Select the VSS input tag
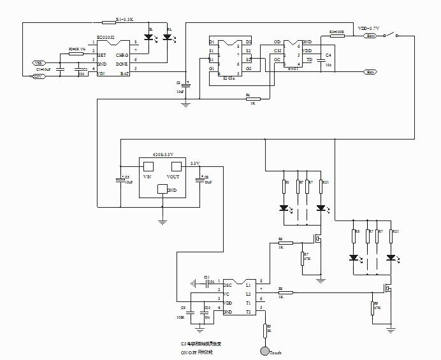tap(39, 63)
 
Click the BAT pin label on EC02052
tap(125, 74)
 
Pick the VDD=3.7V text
tap(368, 29)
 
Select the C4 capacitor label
tap(328, 56)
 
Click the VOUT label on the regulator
tap(173, 176)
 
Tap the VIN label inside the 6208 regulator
tap(147, 176)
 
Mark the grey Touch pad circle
tap(264, 351)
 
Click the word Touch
tap(275, 352)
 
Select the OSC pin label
tap(227, 285)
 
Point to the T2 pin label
tap(249, 312)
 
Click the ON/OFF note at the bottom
tap(197, 351)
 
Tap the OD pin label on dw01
tap(277, 41)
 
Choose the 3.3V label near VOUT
tap(195, 164)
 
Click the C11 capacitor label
tap(207, 277)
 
